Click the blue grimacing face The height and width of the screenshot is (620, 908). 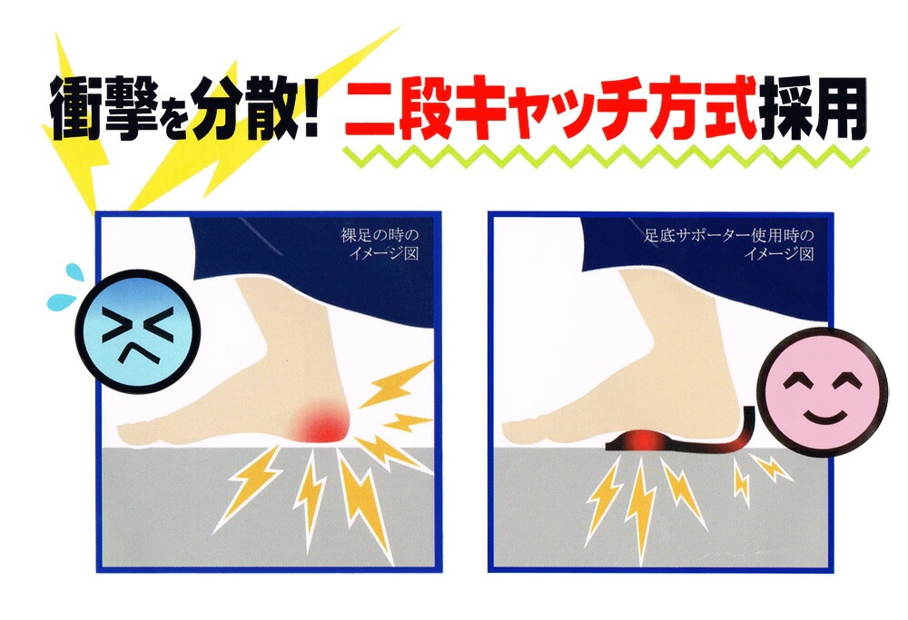click(138, 331)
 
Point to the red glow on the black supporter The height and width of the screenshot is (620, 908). click(644, 440)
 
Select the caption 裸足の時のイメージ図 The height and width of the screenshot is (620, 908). click(380, 244)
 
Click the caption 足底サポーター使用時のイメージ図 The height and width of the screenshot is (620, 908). click(729, 244)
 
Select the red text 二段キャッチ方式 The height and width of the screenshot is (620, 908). click(550, 108)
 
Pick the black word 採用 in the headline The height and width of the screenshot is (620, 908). click(813, 108)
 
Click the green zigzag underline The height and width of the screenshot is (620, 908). click(606, 156)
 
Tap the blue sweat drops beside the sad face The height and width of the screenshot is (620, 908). click(64, 288)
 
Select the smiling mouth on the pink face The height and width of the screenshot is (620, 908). click(823, 416)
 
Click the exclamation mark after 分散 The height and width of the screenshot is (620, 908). click(310, 107)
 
